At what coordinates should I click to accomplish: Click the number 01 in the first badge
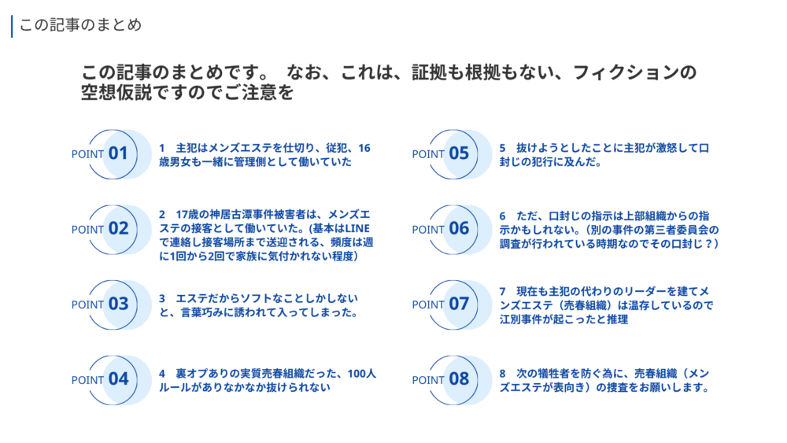pos(118,153)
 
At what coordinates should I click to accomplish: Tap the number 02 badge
pos(119,228)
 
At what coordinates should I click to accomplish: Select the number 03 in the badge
pos(119,304)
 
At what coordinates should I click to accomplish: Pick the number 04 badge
pos(119,378)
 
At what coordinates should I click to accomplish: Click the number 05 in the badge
pos(459,153)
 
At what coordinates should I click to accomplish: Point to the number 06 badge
pos(459,228)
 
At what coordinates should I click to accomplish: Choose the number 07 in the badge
pos(459,304)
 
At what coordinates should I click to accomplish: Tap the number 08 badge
pos(459,378)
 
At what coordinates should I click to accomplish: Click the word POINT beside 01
pos(87,154)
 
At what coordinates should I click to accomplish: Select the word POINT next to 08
pos(428,380)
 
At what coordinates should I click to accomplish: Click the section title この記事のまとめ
pos(80,24)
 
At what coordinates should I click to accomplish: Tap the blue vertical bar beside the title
pos(12,26)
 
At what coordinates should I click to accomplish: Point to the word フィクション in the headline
pos(626,72)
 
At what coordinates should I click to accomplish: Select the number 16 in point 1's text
pos(364,148)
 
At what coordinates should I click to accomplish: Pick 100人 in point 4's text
pos(361,374)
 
